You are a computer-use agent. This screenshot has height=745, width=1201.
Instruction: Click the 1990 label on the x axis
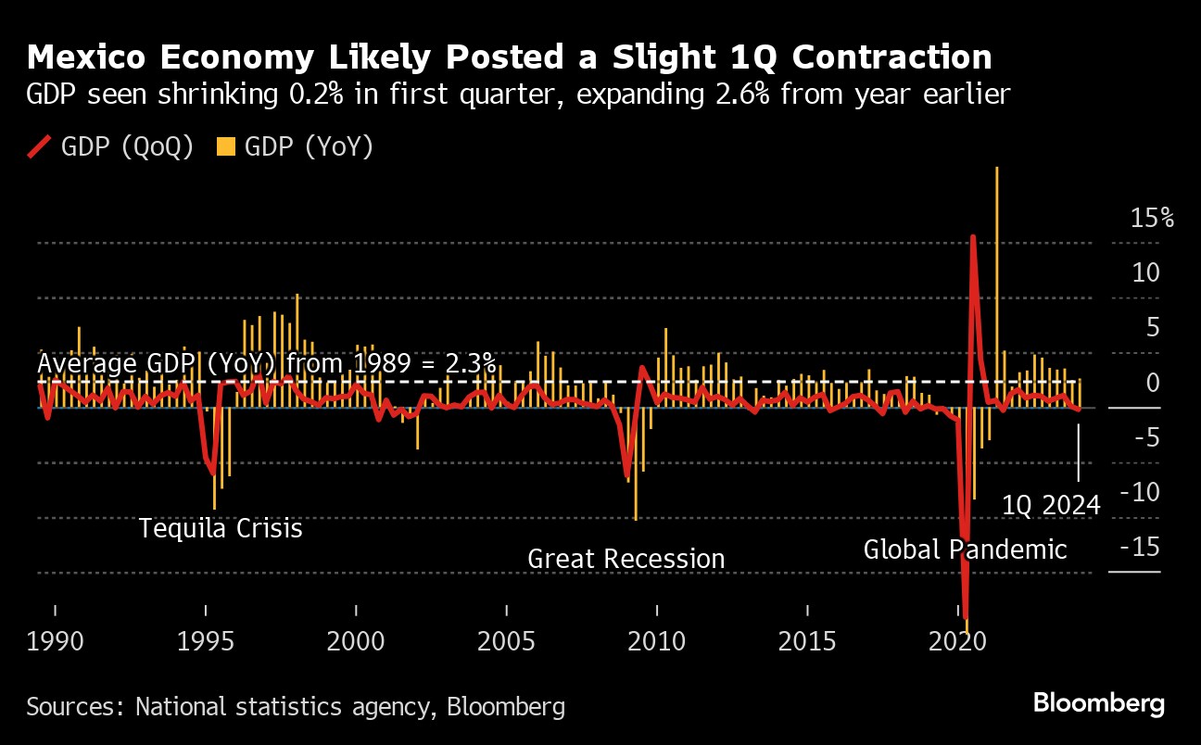tap(55, 641)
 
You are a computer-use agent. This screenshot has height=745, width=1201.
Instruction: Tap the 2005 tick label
tap(507, 641)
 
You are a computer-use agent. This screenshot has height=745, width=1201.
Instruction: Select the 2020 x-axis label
tap(959, 641)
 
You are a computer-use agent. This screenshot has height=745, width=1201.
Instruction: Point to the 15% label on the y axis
tap(1151, 219)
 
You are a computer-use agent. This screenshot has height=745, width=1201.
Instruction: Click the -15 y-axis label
tap(1140, 547)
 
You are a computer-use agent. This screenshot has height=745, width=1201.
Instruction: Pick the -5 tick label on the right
tap(1145, 437)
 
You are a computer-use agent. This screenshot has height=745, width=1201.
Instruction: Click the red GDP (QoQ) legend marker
tap(41, 147)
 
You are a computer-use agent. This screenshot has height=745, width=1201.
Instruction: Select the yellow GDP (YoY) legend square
tap(225, 147)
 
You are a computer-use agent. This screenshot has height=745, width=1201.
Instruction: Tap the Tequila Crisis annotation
tap(221, 528)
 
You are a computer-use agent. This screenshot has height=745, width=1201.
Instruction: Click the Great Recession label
tap(626, 559)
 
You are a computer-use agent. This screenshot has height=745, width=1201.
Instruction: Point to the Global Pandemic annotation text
tap(965, 549)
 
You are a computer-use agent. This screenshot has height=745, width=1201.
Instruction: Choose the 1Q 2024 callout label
tap(1052, 505)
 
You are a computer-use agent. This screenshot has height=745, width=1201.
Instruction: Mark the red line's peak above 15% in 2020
tap(973, 237)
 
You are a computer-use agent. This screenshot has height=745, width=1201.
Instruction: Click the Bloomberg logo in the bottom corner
tap(1099, 703)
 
